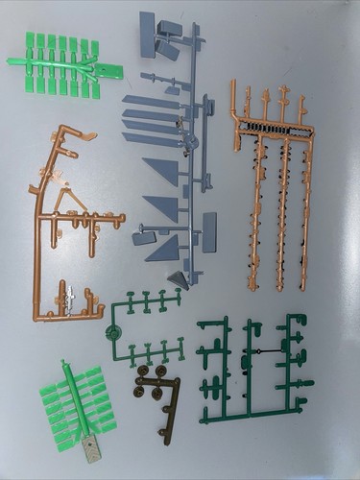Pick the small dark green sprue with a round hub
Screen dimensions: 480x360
[144, 326]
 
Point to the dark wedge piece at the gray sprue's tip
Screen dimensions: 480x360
[178, 278]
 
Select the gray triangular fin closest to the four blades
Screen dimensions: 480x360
[163, 173]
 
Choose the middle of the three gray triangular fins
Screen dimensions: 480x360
[163, 208]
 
